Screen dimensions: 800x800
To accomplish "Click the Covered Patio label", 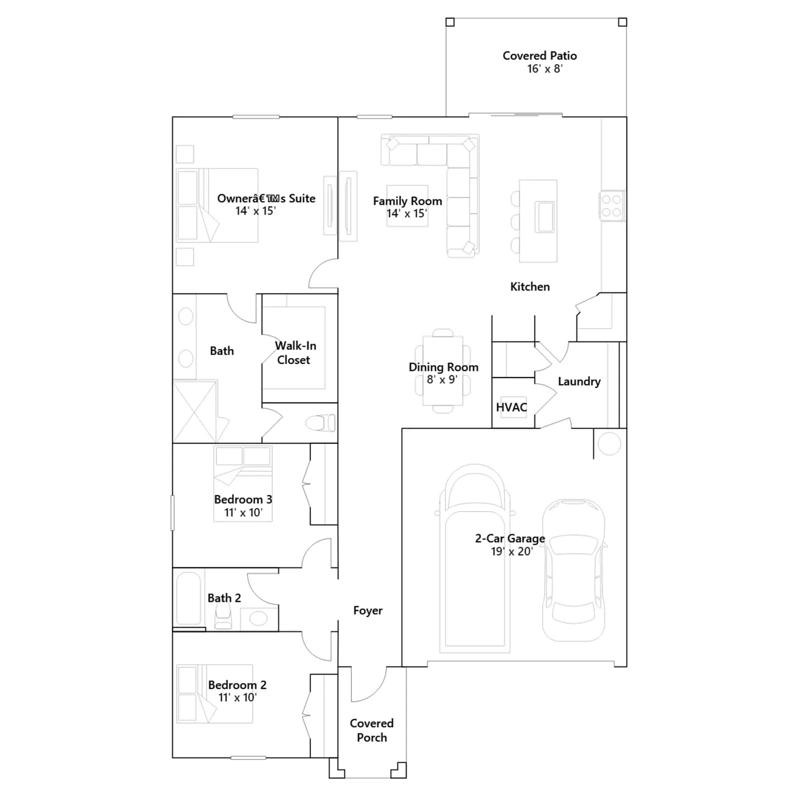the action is tap(539, 55).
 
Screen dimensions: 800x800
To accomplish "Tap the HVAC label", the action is tap(511, 407).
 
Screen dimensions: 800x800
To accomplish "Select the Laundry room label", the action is tap(579, 381).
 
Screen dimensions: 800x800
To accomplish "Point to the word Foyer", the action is tap(367, 610).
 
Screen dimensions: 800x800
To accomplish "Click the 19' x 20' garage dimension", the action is tap(512, 551).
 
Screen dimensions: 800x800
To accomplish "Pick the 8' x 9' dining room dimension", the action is tap(442, 379).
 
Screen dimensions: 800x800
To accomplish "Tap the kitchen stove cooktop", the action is tap(611, 205).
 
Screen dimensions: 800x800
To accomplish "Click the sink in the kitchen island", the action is tap(544, 216).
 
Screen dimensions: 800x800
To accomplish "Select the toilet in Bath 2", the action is tap(223, 616).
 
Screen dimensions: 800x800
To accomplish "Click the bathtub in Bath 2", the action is tap(188, 598).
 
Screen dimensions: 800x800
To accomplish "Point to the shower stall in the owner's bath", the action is tap(195, 411).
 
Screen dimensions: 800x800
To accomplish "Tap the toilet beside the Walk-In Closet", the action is tap(320, 423).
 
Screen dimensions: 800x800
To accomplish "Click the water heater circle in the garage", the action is tap(609, 443).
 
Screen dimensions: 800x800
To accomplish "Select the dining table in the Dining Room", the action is tap(442, 370).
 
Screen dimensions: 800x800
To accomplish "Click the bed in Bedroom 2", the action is tap(215, 693).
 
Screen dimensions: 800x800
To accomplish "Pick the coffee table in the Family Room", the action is tap(407, 206).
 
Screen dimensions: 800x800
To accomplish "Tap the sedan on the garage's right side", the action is tap(574, 570).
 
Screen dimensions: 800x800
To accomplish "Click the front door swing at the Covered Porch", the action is tap(369, 684).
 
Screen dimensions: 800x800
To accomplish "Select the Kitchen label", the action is tap(530, 286).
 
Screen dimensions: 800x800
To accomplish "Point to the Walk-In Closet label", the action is tap(295, 352).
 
